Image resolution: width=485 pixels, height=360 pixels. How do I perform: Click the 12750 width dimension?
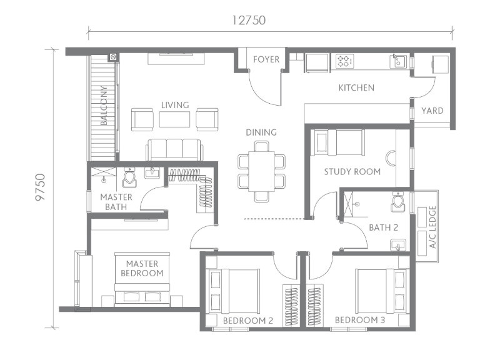249,21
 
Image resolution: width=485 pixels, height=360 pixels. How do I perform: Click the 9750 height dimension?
40,187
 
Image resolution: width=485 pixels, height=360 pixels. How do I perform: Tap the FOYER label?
266,59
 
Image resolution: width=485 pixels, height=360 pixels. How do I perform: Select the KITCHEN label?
356,88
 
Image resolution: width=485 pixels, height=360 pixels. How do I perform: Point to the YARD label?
432,111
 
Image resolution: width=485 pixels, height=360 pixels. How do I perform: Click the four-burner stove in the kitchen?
344,61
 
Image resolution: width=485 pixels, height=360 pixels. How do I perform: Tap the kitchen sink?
399,61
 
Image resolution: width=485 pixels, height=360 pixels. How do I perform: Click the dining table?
262,172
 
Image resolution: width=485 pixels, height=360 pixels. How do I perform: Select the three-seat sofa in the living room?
175,149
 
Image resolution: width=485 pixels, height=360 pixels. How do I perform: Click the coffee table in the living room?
175,119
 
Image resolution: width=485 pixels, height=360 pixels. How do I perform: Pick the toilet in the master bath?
129,177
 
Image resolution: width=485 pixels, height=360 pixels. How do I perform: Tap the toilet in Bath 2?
397,201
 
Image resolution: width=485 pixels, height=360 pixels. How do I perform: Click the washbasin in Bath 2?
398,244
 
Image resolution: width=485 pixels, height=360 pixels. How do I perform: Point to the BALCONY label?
104,106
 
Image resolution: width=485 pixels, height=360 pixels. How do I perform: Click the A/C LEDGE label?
432,227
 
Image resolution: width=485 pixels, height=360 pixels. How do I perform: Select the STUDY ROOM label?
352,172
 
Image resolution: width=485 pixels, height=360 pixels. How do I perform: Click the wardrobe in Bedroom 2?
291,306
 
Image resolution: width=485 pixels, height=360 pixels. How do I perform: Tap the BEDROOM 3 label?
360,320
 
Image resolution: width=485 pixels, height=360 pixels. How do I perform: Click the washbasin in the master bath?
152,173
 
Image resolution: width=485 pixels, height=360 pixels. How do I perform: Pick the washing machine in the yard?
440,64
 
